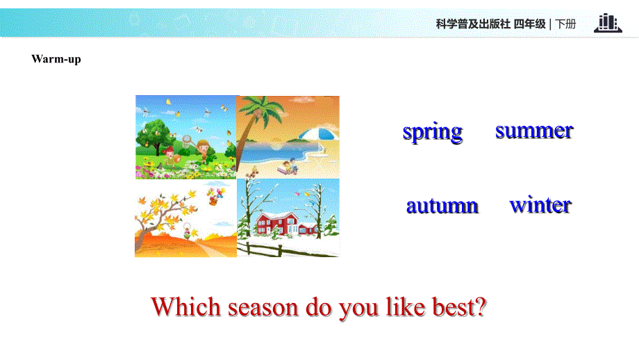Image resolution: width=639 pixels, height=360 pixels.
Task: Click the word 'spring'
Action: coord(432,131)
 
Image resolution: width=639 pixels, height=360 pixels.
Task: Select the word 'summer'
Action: coord(533,130)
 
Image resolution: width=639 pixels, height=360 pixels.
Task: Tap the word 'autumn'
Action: coord(442,206)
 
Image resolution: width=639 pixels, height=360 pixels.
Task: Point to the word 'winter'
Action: coord(540,205)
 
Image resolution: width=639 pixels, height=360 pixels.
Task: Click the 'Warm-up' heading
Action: coord(56,59)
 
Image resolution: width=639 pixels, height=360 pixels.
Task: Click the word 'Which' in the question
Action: coord(182,306)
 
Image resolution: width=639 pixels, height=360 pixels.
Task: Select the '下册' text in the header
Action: coord(566,24)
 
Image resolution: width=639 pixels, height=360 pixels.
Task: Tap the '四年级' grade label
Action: coord(529,24)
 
